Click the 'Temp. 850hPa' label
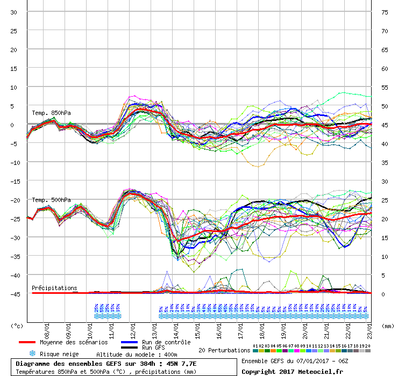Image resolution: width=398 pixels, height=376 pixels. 51,113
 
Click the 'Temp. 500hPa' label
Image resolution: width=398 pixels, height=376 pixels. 51,200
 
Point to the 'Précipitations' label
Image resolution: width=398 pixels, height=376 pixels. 54,288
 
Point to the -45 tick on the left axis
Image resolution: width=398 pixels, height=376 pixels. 16,294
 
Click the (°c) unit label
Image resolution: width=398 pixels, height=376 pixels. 17,326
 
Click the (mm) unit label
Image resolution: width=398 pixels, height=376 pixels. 387,326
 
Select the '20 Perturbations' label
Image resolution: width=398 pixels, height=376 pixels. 224,350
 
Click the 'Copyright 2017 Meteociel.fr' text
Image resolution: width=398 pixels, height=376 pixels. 293,371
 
